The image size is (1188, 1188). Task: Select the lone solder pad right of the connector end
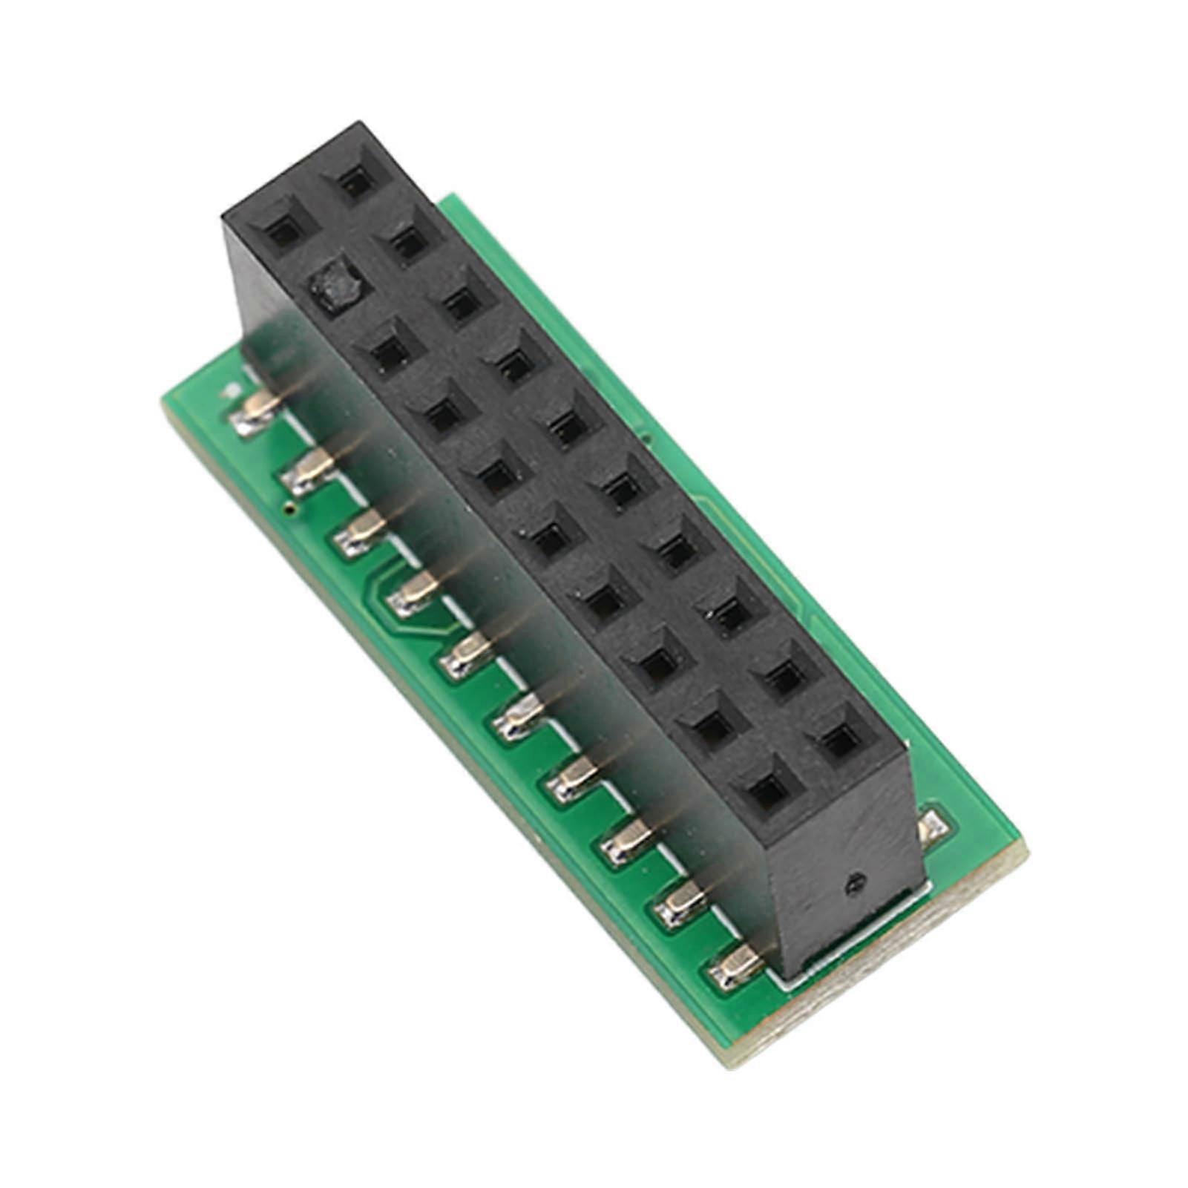(x=932, y=827)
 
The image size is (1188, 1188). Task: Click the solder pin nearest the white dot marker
(x=255, y=413)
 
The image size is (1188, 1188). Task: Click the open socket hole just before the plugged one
(x=285, y=232)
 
